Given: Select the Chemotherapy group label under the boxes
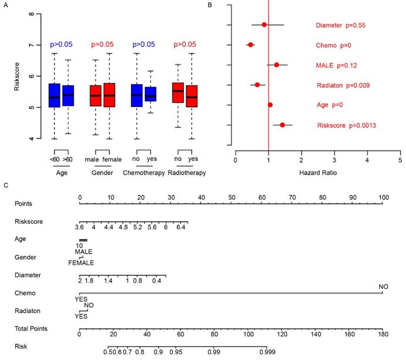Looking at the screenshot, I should (x=144, y=173).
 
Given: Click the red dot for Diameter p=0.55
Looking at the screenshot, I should (x=264, y=25).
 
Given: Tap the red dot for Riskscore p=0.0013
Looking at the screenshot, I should (x=282, y=125).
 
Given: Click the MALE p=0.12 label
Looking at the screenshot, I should (x=336, y=65).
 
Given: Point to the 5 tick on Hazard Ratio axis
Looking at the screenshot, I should (x=400, y=159).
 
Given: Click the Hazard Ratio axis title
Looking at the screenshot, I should (x=317, y=173).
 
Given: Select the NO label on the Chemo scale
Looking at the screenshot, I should (x=383, y=287).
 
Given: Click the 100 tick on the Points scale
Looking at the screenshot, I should (x=384, y=198).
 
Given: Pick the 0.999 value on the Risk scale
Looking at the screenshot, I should (x=267, y=352).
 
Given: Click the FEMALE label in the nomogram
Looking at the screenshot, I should (x=81, y=262).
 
